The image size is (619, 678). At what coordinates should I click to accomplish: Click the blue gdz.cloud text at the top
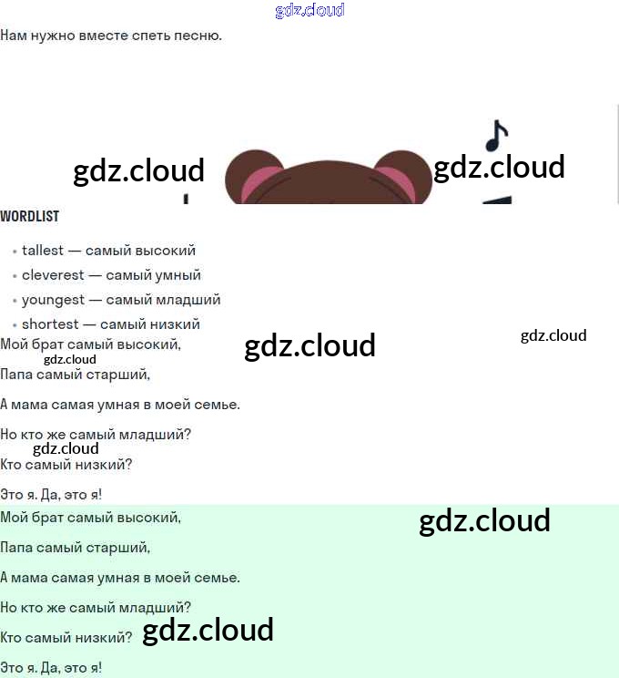(x=309, y=11)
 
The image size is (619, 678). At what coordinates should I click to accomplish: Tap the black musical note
(x=495, y=136)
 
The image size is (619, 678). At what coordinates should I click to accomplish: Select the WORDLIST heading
(x=29, y=216)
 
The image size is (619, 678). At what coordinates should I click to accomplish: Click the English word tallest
(x=43, y=251)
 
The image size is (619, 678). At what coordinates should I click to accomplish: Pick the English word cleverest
(x=53, y=275)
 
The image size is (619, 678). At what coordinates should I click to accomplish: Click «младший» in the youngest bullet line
(x=191, y=300)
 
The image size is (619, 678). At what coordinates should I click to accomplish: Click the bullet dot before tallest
(x=15, y=252)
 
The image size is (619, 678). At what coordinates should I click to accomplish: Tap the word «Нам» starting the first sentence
(x=13, y=36)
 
